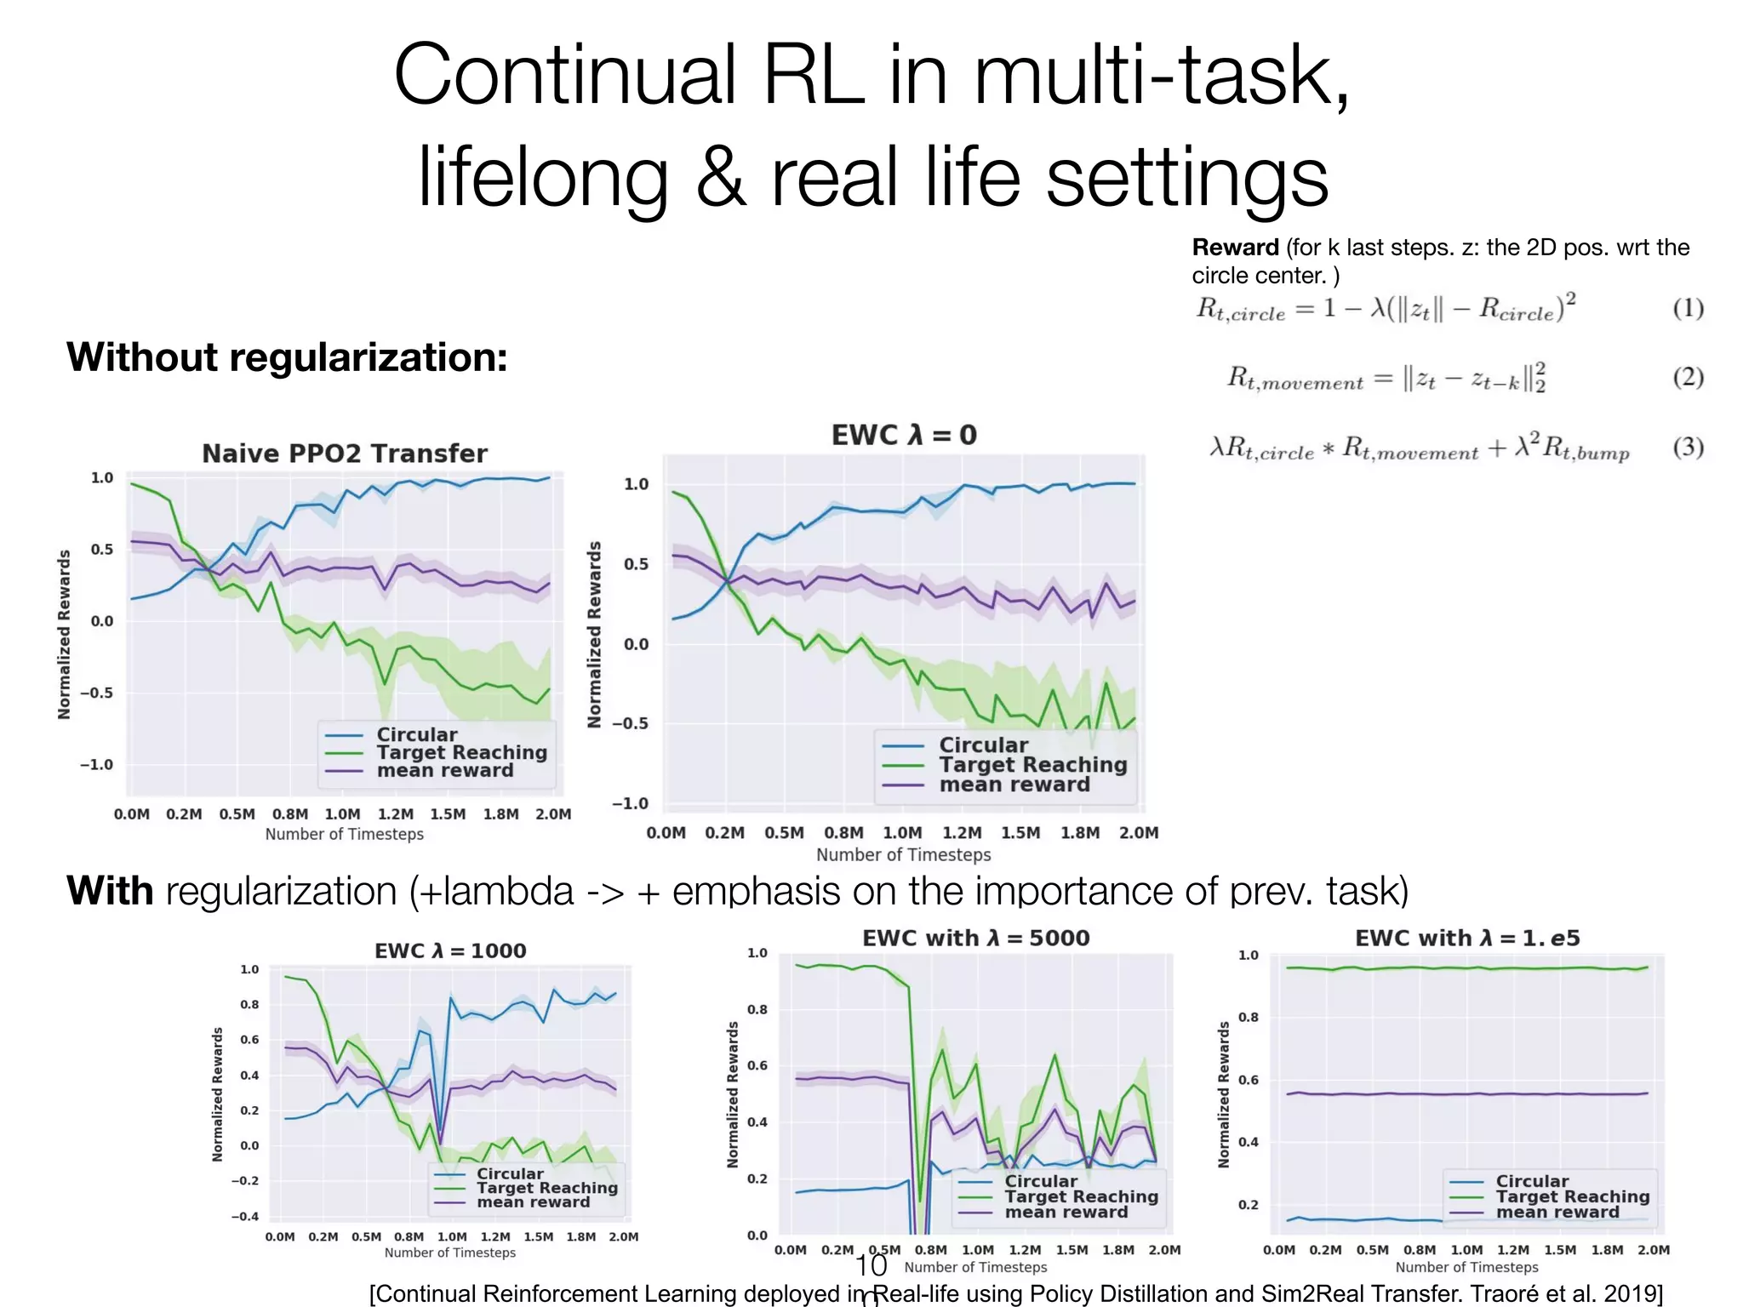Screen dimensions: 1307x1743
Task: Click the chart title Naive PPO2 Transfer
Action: click(345, 454)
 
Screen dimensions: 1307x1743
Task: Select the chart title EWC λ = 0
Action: click(904, 436)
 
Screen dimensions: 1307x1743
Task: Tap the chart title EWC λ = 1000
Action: click(450, 950)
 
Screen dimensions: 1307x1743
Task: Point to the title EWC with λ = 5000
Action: click(975, 938)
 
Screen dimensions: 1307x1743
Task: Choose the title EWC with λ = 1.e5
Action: click(1467, 938)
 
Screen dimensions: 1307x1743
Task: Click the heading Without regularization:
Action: click(287, 357)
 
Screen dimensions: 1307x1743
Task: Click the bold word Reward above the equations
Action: click(1235, 248)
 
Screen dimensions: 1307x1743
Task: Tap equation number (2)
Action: click(1688, 377)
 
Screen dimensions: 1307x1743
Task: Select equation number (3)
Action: click(1688, 447)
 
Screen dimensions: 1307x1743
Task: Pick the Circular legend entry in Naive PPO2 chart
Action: click(416, 734)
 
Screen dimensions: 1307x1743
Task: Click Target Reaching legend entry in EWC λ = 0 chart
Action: click(1032, 765)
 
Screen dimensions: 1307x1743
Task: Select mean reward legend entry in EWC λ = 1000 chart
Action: click(533, 1202)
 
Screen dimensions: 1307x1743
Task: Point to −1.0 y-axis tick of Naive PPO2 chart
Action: click(96, 764)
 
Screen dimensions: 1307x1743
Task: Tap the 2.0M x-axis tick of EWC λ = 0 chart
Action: click(1138, 833)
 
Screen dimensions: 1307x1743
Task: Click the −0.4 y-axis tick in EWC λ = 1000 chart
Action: click(245, 1216)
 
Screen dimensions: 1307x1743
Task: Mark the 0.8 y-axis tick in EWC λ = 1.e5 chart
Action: click(1248, 1018)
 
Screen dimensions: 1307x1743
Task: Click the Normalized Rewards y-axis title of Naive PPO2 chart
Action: click(64, 634)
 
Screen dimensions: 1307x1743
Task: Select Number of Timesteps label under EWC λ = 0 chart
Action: click(903, 854)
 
